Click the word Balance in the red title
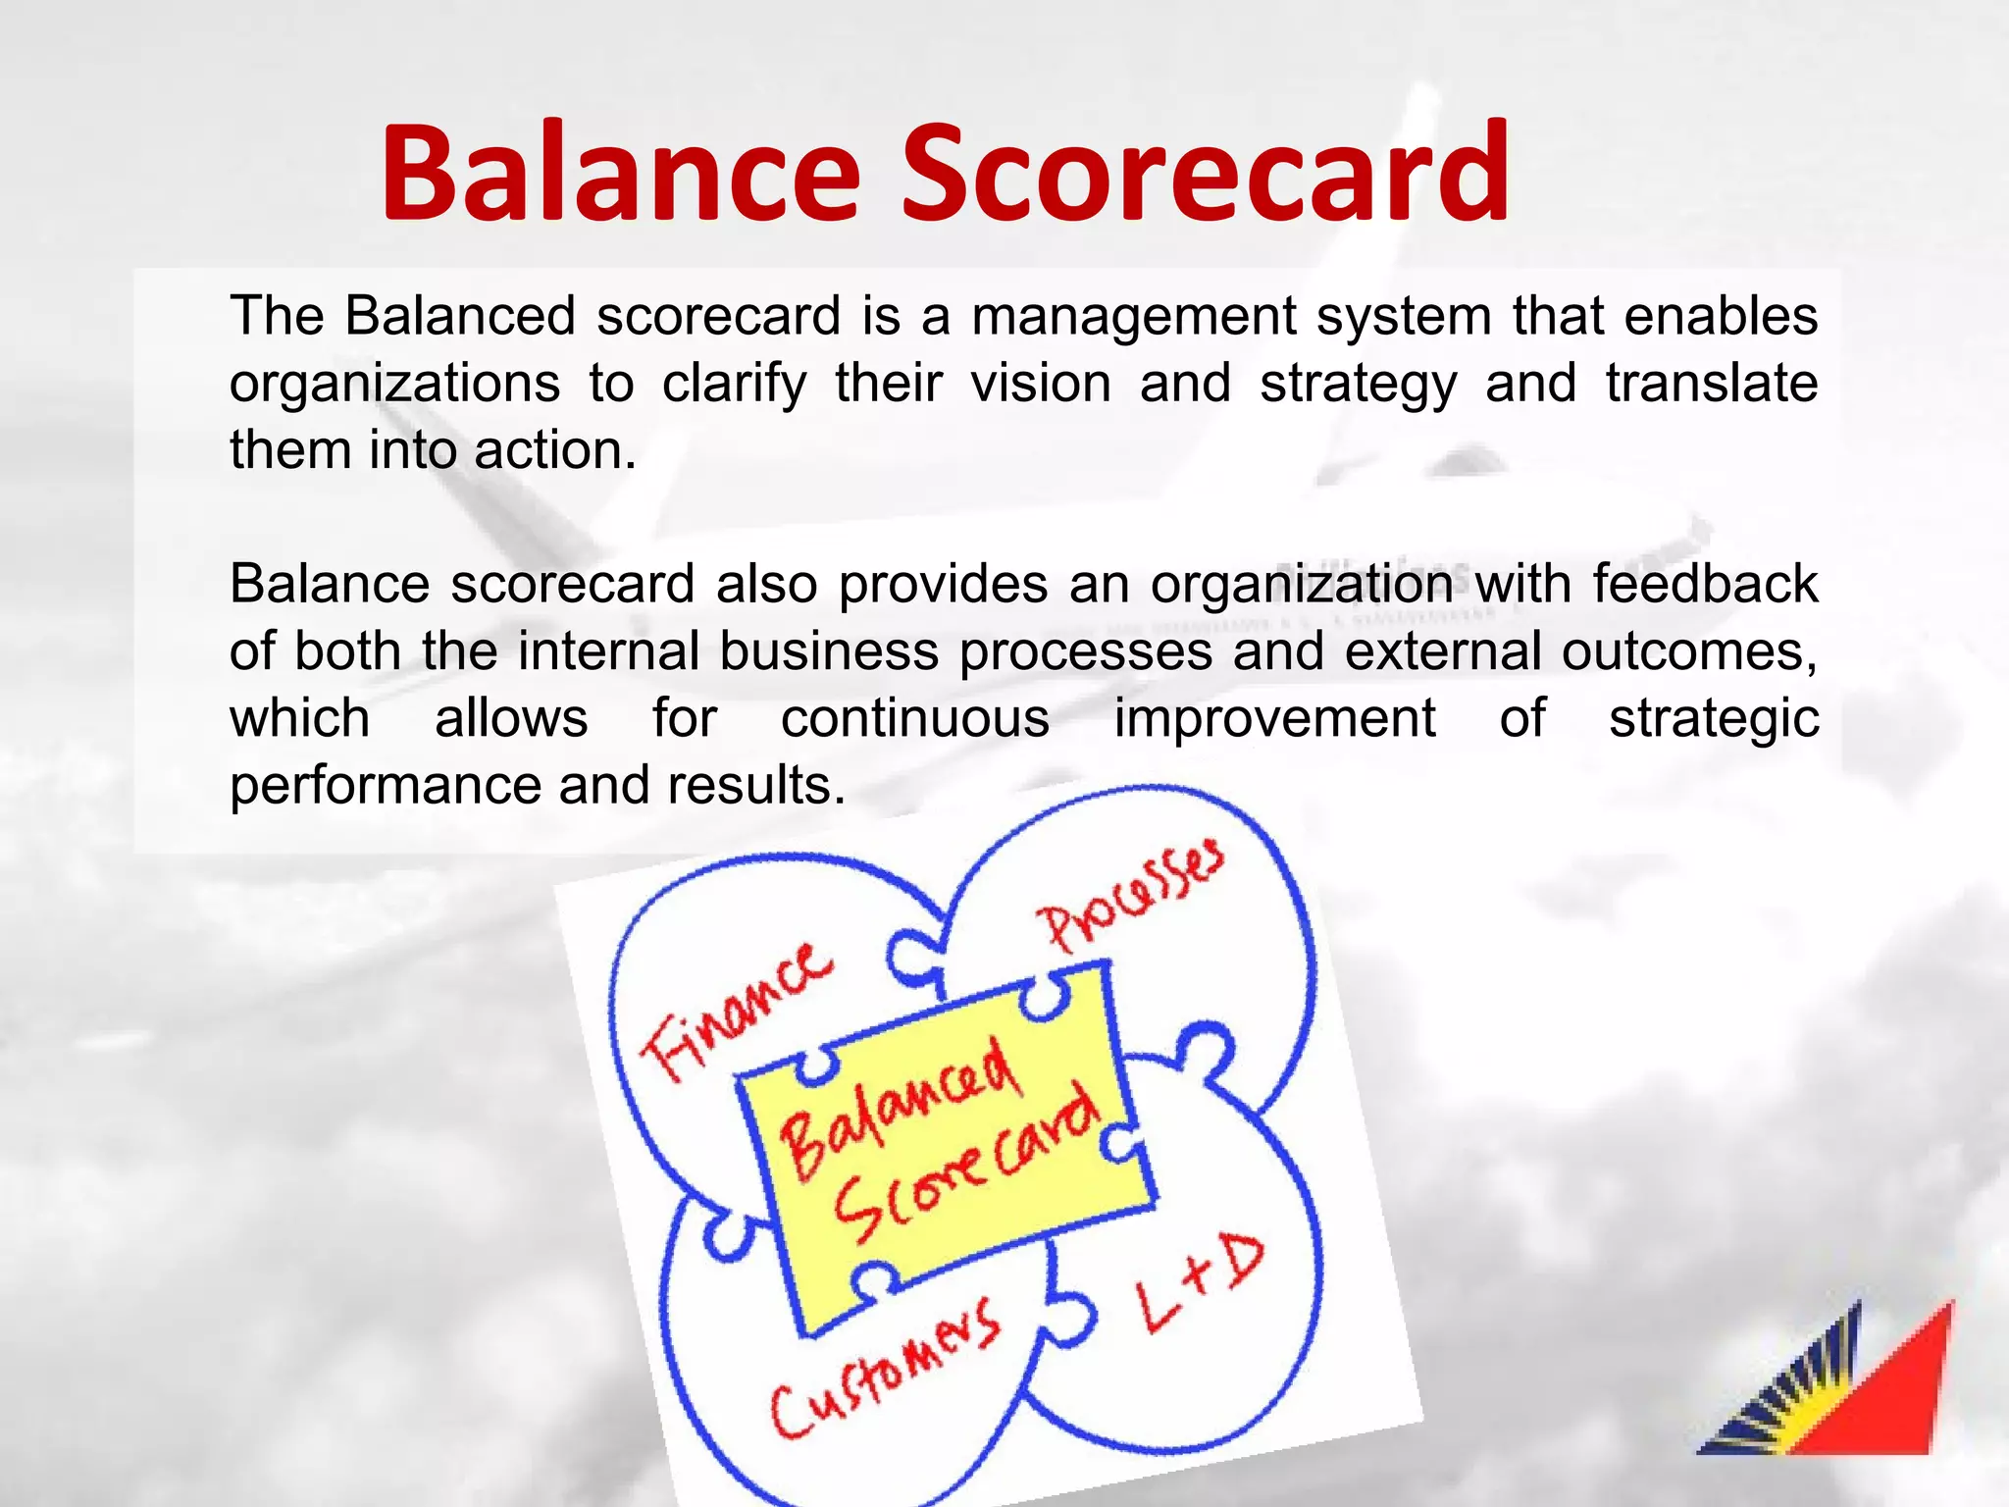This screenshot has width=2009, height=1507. pos(620,173)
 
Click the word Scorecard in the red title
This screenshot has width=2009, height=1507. pos(1205,173)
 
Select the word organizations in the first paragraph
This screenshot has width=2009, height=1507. pos(394,384)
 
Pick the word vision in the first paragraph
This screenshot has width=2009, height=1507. pos(1041,384)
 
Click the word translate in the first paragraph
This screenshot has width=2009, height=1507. pos(1711,384)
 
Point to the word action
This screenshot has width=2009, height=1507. pos(555,450)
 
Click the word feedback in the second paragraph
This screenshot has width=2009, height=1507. pos(1705,585)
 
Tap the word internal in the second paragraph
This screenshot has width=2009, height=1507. pos(608,651)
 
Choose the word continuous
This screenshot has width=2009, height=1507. pos(915,718)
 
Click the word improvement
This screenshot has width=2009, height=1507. pos(1274,718)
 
